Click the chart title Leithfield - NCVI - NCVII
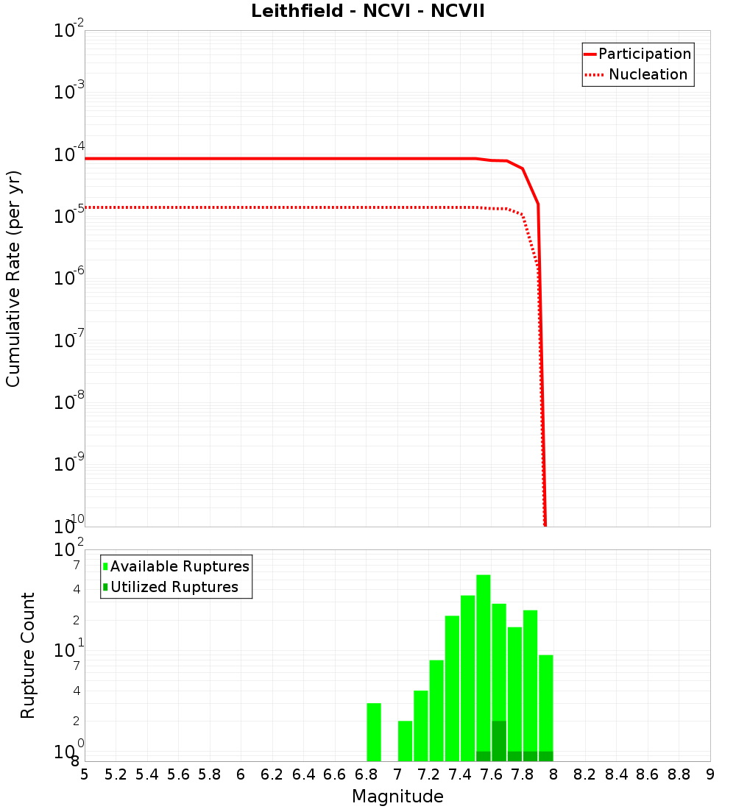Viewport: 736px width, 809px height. pyautogui.click(x=367, y=12)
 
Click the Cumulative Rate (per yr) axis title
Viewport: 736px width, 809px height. pyautogui.click(x=13, y=278)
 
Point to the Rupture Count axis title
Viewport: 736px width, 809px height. pyautogui.click(x=28, y=655)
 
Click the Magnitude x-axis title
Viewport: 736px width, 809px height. pyautogui.click(x=397, y=796)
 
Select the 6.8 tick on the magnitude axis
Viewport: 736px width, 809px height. pyautogui.click(x=366, y=774)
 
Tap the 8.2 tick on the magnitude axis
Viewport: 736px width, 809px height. pyautogui.click(x=585, y=774)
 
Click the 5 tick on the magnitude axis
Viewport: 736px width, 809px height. pyautogui.click(x=85, y=774)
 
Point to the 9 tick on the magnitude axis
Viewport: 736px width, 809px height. pyautogui.click(x=710, y=774)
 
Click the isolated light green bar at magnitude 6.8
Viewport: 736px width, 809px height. pyautogui.click(x=374, y=733)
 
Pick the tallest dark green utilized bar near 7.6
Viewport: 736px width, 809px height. pyautogui.click(x=499, y=741)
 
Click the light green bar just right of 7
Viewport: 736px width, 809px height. pyautogui.click(x=406, y=741)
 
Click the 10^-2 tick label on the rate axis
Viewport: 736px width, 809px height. pyautogui.click(x=69, y=31)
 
